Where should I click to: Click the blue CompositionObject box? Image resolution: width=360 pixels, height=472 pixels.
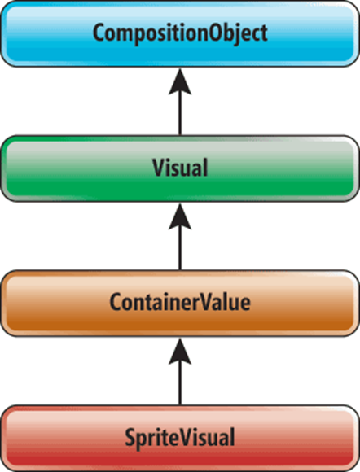click(180, 33)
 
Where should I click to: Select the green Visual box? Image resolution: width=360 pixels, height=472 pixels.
click(180, 168)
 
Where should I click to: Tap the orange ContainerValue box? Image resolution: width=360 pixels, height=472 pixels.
click(180, 303)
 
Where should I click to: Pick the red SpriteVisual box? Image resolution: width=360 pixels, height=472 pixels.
click(180, 438)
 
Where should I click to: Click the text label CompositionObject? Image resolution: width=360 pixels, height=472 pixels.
click(180, 33)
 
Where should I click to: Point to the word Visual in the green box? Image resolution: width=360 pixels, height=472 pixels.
click(180, 168)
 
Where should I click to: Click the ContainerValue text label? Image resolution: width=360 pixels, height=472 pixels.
click(180, 302)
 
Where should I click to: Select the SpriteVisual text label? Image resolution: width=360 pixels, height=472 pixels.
click(180, 439)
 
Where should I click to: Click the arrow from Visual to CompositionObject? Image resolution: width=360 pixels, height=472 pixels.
click(180, 102)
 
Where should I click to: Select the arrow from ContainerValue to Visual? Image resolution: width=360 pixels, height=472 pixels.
click(180, 236)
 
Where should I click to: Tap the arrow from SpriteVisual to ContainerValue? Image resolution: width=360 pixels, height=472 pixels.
click(180, 371)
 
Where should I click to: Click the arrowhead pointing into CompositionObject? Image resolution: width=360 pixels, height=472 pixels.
click(180, 81)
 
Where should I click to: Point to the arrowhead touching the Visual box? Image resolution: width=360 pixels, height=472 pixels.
click(180, 216)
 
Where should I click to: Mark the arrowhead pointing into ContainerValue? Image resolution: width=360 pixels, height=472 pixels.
click(180, 351)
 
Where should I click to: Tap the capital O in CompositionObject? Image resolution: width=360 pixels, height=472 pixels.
click(216, 33)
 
